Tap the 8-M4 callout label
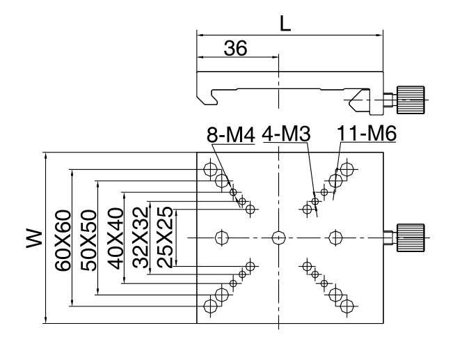click(x=230, y=134)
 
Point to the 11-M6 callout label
click(x=366, y=134)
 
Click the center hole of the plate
click(x=278, y=237)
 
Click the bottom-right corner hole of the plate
click(x=347, y=305)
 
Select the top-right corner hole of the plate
click(x=347, y=169)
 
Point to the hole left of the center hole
click(x=222, y=237)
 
